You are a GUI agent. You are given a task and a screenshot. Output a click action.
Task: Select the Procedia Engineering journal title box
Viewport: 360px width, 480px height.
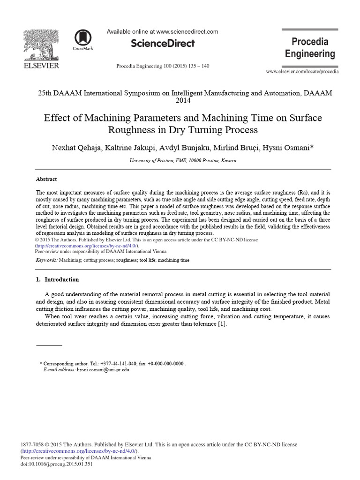point(310,48)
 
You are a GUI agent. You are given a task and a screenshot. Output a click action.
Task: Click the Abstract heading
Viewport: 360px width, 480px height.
point(46,179)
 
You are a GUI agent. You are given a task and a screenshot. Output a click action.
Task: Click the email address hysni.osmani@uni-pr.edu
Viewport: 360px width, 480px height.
point(103,369)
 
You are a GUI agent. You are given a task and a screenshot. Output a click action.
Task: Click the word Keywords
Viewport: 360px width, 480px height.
point(46,260)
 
